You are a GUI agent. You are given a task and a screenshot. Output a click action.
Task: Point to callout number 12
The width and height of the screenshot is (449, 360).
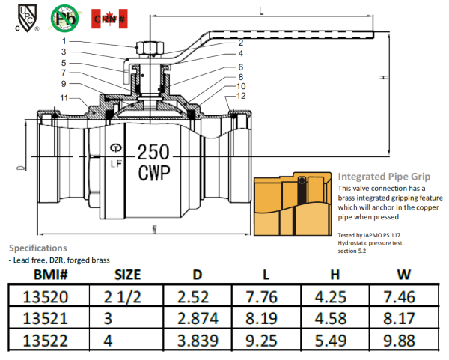tap(239, 96)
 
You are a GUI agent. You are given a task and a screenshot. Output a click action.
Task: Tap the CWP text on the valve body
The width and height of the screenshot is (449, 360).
tap(154, 173)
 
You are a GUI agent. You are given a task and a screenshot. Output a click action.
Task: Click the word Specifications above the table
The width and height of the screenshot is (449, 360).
tap(37, 248)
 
